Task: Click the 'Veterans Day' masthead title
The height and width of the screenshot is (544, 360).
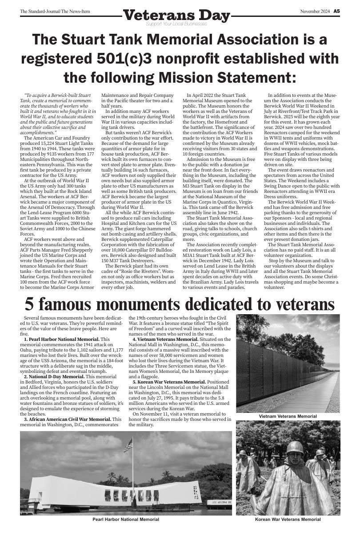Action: [176, 16]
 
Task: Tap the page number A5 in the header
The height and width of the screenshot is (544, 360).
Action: [337, 11]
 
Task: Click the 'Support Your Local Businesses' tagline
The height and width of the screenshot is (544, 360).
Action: [176, 24]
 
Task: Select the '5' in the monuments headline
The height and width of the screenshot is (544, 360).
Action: [29, 304]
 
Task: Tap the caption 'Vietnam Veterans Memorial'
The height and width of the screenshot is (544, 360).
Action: [288, 416]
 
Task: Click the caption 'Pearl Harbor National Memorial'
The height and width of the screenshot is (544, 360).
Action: [126, 519]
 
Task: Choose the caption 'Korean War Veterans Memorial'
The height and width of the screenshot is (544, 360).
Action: [288, 519]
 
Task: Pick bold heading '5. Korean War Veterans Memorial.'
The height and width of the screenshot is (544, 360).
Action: [169, 382]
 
